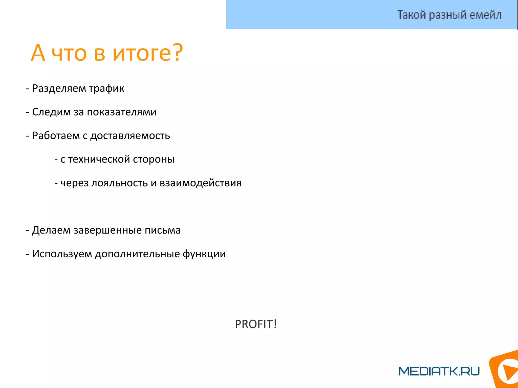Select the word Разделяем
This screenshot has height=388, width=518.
59,88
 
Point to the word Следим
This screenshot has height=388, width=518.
51,112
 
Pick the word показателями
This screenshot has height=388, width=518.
121,112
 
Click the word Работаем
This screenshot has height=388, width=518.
56,136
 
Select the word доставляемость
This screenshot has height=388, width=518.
130,136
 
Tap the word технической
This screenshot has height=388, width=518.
99,159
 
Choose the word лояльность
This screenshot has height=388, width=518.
119,183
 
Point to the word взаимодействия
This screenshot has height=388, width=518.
201,183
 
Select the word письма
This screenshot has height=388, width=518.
163,230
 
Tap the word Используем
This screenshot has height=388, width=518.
62,254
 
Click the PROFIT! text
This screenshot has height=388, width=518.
256,324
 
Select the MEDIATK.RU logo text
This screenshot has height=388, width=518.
439,371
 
